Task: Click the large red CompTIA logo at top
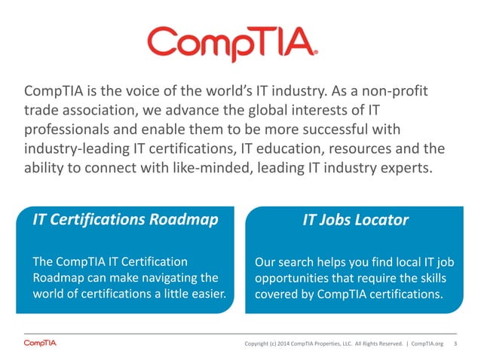pos(234,43)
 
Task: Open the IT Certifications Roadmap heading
pos(125,220)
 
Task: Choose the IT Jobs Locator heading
pos(355,220)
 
